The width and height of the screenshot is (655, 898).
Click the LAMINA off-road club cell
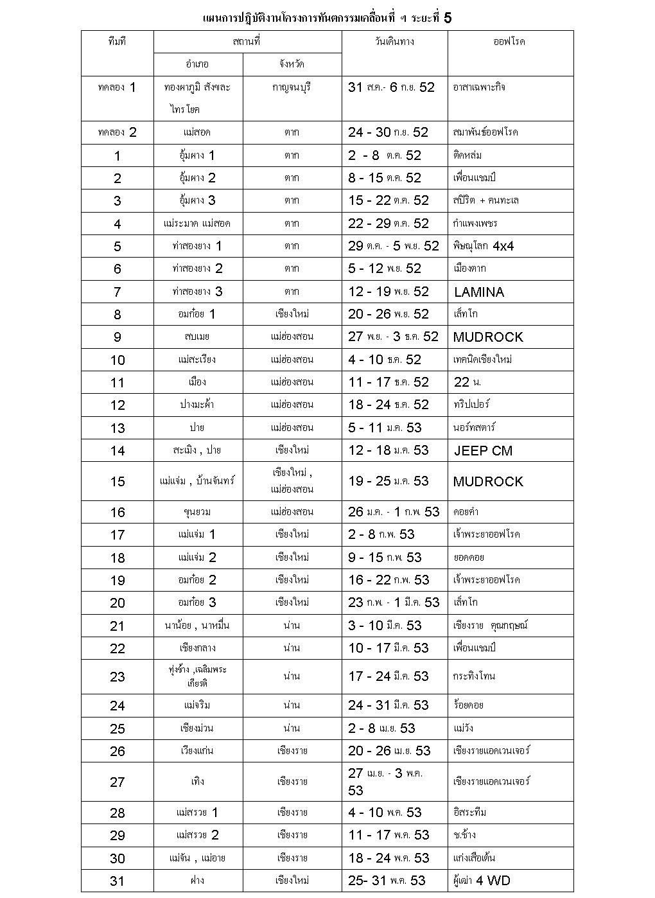pyautogui.click(x=479, y=292)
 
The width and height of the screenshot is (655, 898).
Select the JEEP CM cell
pyautogui.click(x=483, y=451)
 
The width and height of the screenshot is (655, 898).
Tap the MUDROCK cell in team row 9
pyautogui.click(x=488, y=337)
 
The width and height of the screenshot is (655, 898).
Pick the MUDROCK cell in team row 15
pyautogui.click(x=488, y=482)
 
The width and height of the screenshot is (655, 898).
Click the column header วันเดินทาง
pyautogui.click(x=394, y=42)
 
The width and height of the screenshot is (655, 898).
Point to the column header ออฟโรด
pyautogui.click(x=509, y=42)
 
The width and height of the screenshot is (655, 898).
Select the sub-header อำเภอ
pyautogui.click(x=197, y=64)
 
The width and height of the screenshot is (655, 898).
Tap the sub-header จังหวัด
pyautogui.click(x=292, y=64)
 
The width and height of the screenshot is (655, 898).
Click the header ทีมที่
pyautogui.click(x=117, y=42)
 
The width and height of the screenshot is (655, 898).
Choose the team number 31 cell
pyautogui.click(x=117, y=881)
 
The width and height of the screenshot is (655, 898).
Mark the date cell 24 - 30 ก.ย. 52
pyautogui.click(x=388, y=132)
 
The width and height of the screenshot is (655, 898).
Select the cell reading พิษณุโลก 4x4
pyautogui.click(x=484, y=246)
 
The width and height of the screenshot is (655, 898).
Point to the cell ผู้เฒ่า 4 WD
pyautogui.click(x=482, y=881)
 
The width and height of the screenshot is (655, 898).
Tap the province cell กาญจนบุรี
pyautogui.click(x=292, y=87)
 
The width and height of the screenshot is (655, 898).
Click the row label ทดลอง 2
pyautogui.click(x=117, y=132)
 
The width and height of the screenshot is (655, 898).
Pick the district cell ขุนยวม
pyautogui.click(x=197, y=512)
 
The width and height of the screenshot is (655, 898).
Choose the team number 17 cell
pyautogui.click(x=117, y=535)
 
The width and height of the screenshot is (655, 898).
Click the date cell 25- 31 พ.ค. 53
pyautogui.click(x=387, y=881)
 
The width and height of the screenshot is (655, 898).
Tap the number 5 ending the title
pyautogui.click(x=448, y=18)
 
